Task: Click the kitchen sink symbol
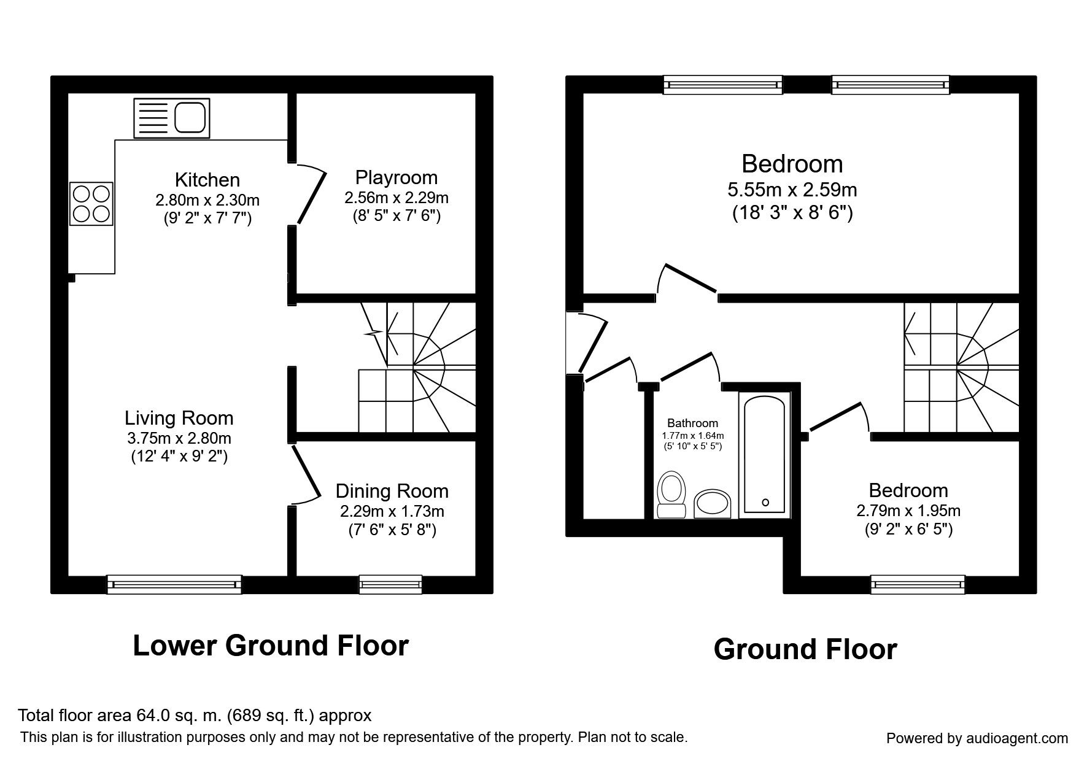tap(172, 118)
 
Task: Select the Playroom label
tap(396, 178)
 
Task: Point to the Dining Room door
tap(306, 473)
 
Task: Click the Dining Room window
tap(391, 584)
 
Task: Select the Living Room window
tap(174, 584)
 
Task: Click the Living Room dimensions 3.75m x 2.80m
tap(179, 438)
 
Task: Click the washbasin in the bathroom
tap(713, 503)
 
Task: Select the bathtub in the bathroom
tap(764, 454)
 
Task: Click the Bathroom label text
tap(692, 423)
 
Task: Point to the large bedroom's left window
tap(723, 84)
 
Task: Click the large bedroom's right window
tap(890, 84)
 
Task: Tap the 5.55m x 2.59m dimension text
tap(792, 190)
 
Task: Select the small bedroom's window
tap(918, 584)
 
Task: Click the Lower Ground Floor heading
tap(271, 646)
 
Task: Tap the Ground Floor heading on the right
tap(805, 649)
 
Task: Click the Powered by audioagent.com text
tap(977, 738)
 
